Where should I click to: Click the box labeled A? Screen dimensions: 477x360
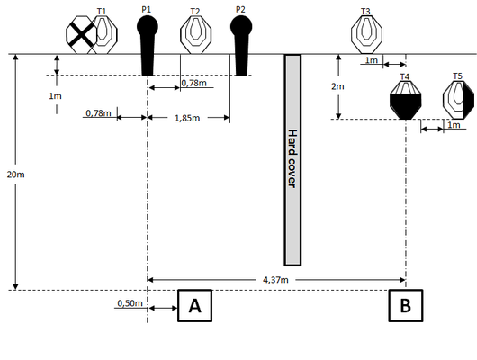pos(194,305)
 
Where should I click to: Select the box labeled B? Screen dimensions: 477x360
pos(406,305)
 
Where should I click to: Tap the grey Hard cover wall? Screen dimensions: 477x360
pos(292,160)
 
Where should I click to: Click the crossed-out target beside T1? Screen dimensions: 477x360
pos(82,35)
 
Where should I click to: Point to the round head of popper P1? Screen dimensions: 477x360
pos(148,26)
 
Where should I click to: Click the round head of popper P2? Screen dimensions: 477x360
pos(241,26)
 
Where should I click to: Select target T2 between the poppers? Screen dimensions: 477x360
pos(195,35)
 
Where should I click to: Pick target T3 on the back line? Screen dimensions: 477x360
pos(366,35)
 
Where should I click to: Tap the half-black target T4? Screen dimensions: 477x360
pos(406,101)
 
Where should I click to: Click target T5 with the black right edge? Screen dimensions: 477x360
pos(458,101)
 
